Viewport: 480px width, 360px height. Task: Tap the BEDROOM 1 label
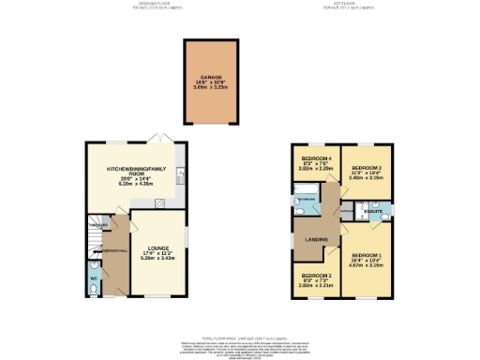click(366, 254)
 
